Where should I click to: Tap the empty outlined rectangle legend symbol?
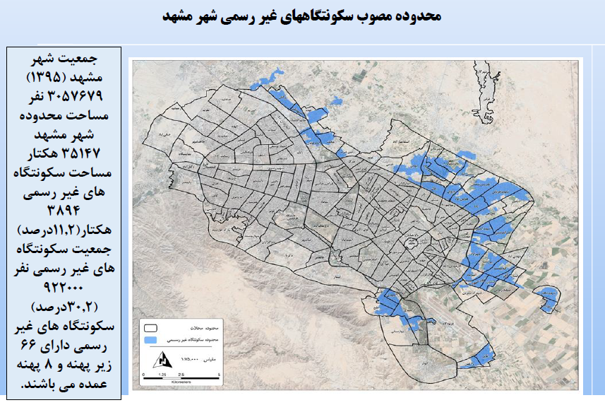[150, 329]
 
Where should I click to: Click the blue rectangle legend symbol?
[150, 339]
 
